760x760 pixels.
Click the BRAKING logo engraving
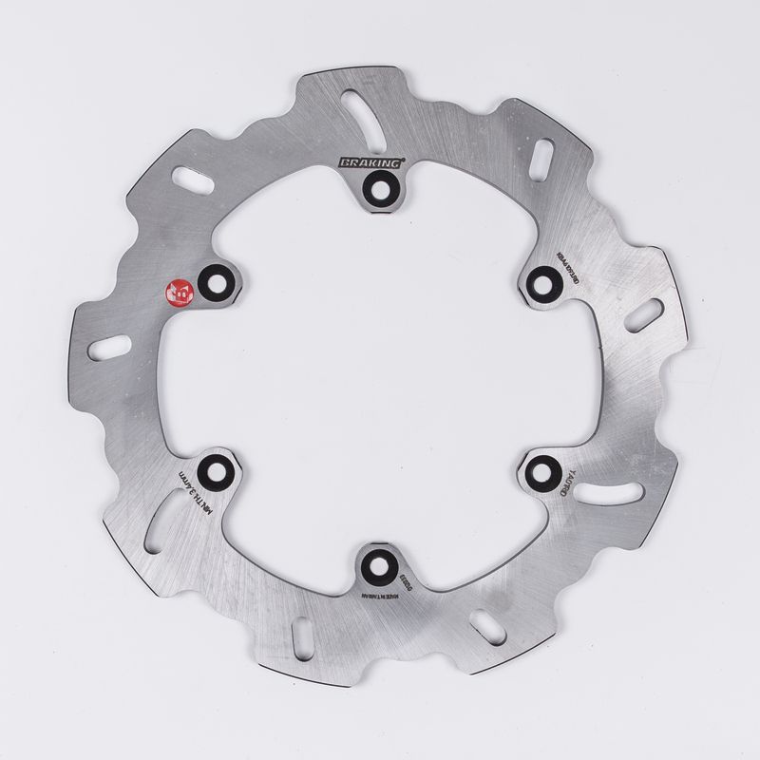click(x=370, y=163)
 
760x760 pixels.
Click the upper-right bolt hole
click(x=542, y=281)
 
